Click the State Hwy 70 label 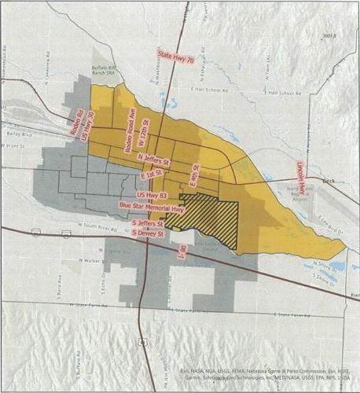click(x=176, y=55)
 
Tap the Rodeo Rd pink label click(x=79, y=123)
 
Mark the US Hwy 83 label click(x=152, y=193)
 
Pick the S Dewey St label click(x=147, y=233)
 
